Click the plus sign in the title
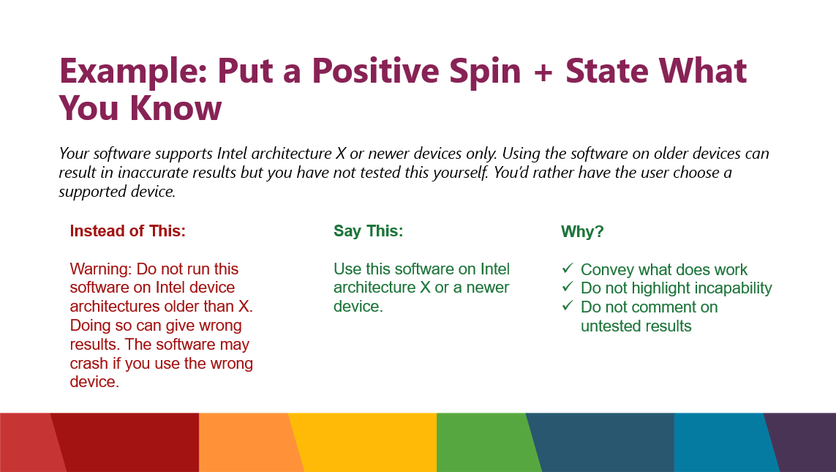click(543, 72)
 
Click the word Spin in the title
click(485, 72)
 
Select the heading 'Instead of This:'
click(127, 231)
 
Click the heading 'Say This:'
click(369, 231)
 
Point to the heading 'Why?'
click(582, 231)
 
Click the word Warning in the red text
click(101, 269)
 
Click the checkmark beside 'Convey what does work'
click(568, 268)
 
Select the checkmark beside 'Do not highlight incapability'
click(568, 286)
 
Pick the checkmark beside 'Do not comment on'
click(568, 306)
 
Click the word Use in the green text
click(347, 269)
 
